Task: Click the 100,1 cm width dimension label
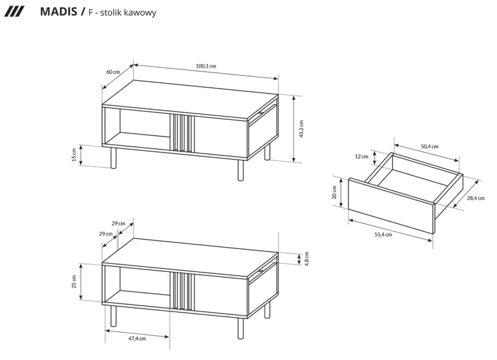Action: [206, 66]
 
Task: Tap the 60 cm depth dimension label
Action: [112, 72]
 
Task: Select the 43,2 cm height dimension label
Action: [302, 129]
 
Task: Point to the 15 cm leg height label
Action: [74, 155]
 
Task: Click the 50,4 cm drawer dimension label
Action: [429, 146]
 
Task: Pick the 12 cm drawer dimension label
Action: [362, 156]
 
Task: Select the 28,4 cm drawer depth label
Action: [475, 198]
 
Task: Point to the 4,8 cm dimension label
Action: [306, 258]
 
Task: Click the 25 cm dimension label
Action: [74, 282]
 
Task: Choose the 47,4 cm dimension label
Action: [137, 339]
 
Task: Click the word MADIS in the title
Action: [58, 12]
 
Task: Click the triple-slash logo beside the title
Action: [14, 12]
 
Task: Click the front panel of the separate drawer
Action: [390, 205]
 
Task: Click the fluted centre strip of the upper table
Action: [182, 133]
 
